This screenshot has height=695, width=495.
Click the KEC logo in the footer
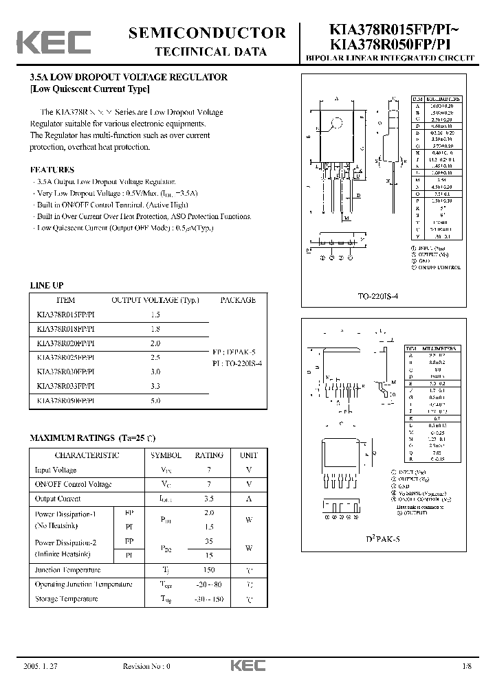point(243,665)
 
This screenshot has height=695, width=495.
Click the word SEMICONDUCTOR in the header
point(207,33)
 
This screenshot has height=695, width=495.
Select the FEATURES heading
point(52,170)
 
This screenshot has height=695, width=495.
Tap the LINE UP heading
point(47,285)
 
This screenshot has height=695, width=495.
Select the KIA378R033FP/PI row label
point(66,386)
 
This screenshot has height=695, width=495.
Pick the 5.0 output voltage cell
point(155,400)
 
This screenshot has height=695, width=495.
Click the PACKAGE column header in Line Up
point(238,300)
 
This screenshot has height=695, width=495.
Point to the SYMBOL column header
point(166,455)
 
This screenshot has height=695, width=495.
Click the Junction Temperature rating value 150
point(208,570)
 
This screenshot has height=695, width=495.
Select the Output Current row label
point(58,499)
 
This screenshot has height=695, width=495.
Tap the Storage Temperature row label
point(66,598)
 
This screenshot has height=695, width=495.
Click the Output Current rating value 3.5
point(208,499)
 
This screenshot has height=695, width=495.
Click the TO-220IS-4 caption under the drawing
point(377,295)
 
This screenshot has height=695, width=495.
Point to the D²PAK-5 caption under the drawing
point(383,539)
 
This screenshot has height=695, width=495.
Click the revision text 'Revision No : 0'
point(146,666)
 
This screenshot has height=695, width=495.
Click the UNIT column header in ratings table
point(248,455)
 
